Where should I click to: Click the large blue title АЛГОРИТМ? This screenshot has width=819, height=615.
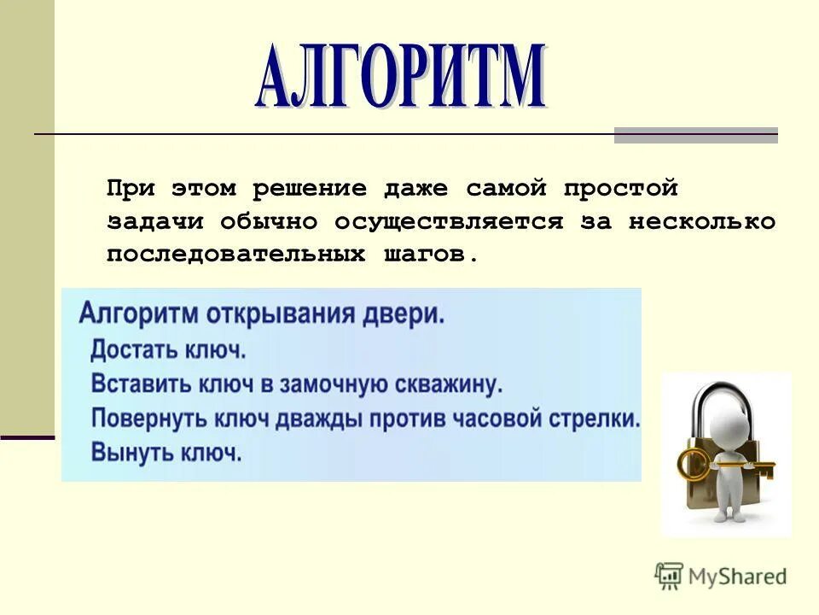[x=399, y=79]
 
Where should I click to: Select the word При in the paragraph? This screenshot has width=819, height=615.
[x=130, y=189]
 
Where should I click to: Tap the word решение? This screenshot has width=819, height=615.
[x=302, y=189]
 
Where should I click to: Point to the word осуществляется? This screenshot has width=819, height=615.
[x=448, y=222]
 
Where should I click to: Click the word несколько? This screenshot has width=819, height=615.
[x=702, y=222]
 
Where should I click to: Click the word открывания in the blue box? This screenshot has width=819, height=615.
[x=287, y=313]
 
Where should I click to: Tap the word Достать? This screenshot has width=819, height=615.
[x=132, y=349]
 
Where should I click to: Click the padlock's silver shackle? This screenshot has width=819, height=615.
[x=725, y=401]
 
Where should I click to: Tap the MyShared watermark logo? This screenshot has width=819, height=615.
[x=721, y=575]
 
